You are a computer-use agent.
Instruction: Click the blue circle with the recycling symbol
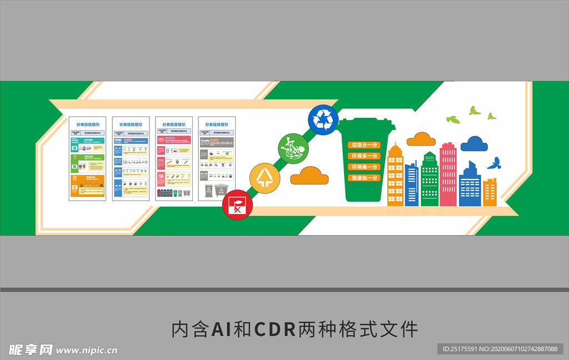click(323, 120)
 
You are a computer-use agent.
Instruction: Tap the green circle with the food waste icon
click(293, 149)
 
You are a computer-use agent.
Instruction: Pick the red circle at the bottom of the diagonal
click(237, 205)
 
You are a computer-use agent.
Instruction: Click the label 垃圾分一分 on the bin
click(364, 145)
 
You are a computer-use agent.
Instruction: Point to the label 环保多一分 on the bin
click(364, 156)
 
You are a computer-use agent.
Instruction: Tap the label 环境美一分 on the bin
click(364, 167)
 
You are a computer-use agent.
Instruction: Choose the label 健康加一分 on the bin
click(364, 178)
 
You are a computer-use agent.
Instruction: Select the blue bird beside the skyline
click(494, 163)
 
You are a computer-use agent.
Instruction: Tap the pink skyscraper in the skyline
click(448, 174)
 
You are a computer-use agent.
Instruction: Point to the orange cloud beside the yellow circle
click(310, 177)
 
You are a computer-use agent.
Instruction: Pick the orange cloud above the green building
click(421, 139)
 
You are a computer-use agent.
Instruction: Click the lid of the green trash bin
click(367, 124)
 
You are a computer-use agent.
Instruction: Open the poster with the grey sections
click(217, 158)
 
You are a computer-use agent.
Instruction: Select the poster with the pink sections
click(174, 158)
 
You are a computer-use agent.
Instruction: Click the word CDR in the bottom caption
click(274, 329)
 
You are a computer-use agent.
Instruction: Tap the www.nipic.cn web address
click(87, 350)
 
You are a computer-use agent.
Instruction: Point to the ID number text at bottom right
click(500, 349)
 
